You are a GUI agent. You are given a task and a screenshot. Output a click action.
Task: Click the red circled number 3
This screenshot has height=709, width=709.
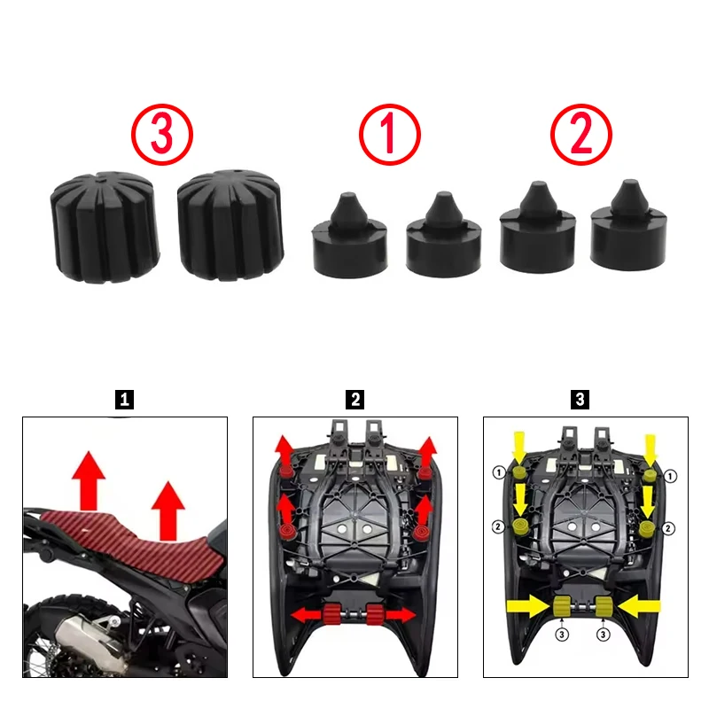tap(162, 135)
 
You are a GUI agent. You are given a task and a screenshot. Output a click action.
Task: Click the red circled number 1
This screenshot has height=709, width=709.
tap(390, 135)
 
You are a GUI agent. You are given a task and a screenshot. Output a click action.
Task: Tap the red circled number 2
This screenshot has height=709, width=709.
tap(581, 135)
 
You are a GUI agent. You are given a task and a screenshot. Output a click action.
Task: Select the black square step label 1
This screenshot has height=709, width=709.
tap(124, 400)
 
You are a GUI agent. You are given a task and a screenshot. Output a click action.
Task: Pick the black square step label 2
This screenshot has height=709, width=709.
tap(355, 400)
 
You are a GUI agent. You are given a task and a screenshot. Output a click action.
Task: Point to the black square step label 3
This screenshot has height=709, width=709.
tap(580, 400)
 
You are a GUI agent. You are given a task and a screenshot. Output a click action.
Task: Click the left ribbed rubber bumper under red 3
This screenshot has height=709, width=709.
tap(105, 227)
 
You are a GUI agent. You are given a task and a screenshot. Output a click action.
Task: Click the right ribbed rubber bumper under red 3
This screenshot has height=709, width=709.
tap(230, 225)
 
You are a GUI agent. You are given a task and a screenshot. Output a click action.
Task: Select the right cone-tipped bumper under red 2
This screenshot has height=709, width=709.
tap(628, 226)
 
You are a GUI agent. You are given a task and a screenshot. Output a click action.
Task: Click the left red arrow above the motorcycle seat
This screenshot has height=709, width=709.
tap(89, 480)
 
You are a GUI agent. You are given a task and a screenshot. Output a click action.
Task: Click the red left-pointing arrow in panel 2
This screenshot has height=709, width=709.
tap(307, 615)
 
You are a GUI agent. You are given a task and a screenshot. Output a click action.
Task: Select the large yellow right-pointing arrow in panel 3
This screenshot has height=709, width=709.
tap(528, 606)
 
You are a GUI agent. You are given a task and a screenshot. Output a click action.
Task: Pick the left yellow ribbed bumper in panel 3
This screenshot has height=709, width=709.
tap(562, 606)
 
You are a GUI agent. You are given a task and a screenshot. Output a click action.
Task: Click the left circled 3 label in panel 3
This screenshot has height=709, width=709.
tap(562, 635)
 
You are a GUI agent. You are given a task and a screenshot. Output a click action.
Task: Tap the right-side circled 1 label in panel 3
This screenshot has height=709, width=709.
tap(670, 476)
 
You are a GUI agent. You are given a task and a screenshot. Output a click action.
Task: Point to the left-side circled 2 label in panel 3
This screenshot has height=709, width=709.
tap(498, 526)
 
